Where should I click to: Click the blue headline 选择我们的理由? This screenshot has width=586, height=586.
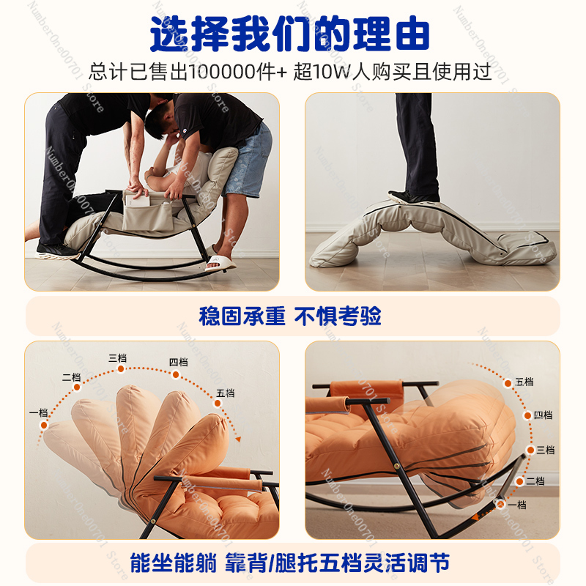point(289,34)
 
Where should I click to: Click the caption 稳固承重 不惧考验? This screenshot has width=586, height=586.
point(290,316)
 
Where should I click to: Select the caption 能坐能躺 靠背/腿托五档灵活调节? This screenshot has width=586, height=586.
point(289,563)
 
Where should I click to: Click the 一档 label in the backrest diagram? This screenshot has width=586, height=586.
point(39,412)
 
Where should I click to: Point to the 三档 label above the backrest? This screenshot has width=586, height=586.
point(117,358)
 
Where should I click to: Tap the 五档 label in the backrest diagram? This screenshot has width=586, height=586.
point(226,393)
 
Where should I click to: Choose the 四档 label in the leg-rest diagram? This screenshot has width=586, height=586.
point(543,415)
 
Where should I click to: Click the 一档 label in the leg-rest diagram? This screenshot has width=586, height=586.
point(517,505)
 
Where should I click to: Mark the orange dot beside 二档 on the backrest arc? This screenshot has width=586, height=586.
point(77,387)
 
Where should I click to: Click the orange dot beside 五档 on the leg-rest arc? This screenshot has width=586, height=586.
point(508,383)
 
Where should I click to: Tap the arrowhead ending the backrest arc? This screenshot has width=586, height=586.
point(238,439)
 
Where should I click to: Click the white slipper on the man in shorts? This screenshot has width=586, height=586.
point(220,262)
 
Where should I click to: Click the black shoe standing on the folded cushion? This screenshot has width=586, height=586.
point(413,197)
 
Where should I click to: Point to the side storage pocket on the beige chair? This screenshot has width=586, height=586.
point(148,212)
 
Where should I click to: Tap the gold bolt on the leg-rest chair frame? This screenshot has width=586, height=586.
point(396,466)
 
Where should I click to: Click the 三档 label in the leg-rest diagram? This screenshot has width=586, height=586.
point(545,450)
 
